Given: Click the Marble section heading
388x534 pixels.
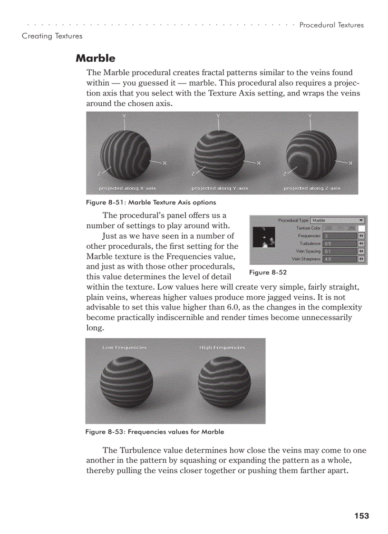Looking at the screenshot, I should [x=96, y=58].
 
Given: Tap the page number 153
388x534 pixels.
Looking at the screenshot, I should [x=361, y=516].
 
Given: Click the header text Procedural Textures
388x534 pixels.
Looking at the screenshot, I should [x=331, y=25].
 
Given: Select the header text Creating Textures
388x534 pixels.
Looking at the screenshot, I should [x=52, y=36].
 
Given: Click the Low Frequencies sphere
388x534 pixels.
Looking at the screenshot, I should [x=126, y=382].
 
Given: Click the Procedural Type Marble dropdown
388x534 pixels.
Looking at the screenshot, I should [x=338, y=221].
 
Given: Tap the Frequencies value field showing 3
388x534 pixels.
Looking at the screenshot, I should [x=339, y=236].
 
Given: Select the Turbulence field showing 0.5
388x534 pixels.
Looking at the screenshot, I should [x=339, y=243].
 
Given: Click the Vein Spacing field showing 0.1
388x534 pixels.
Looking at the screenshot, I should [x=339, y=251].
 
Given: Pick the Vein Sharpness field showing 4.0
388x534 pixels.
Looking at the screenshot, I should [x=339, y=259].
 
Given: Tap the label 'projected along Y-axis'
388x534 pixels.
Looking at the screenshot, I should [x=220, y=188].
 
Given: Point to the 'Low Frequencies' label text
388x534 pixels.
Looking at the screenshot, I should [x=125, y=348].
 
